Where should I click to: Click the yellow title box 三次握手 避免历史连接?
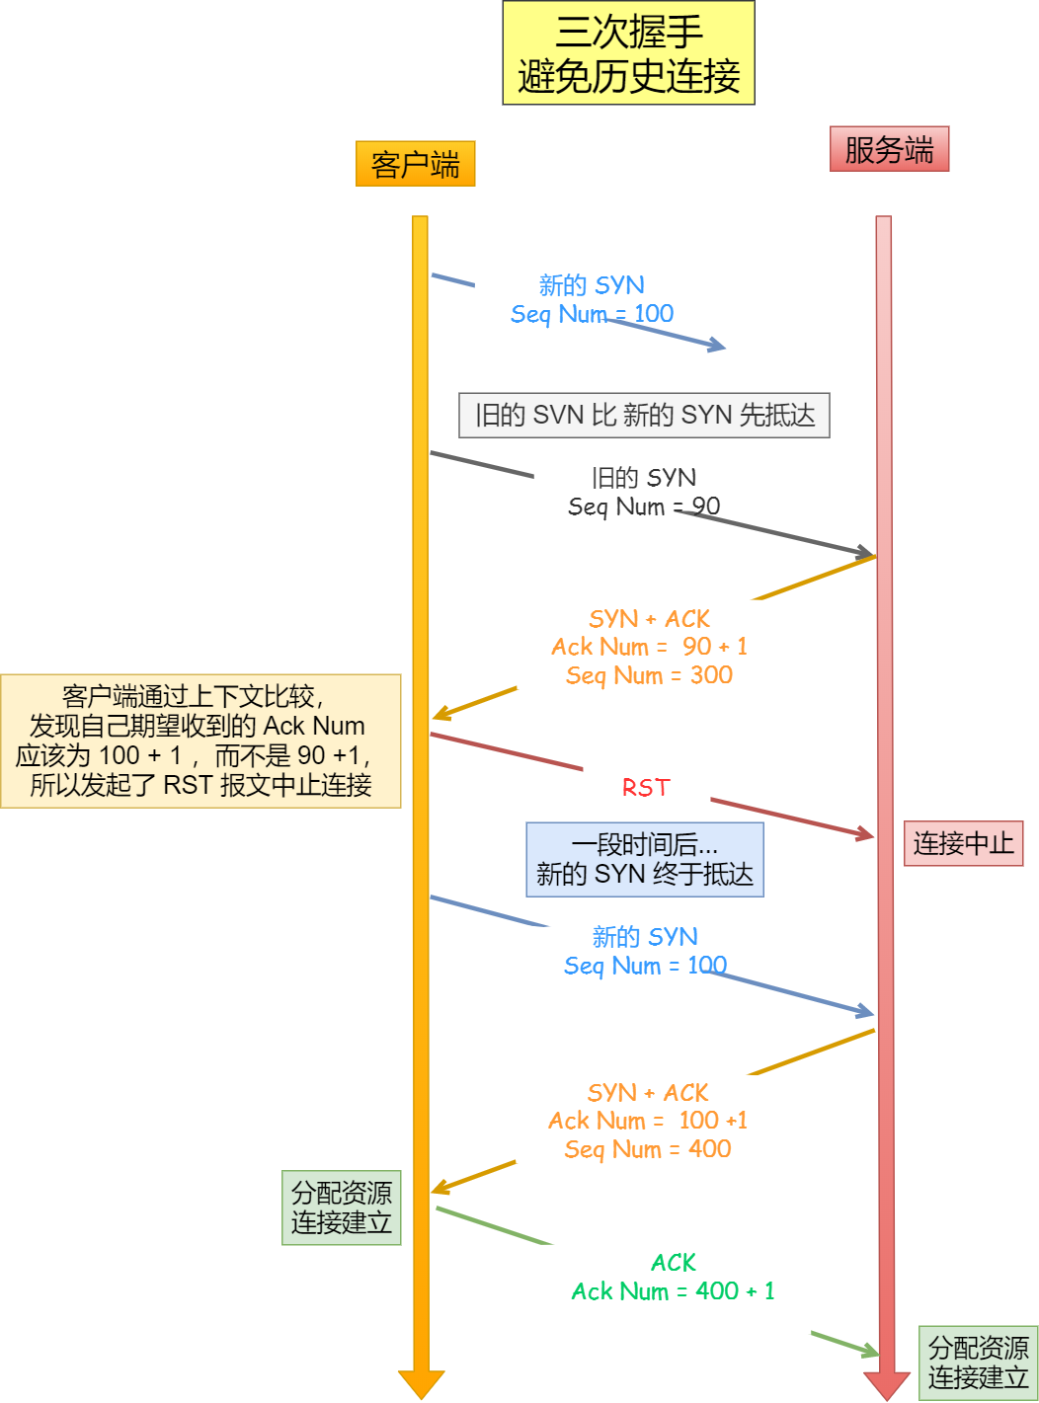tap(628, 53)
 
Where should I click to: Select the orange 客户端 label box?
tap(415, 164)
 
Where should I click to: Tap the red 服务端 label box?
tap(889, 149)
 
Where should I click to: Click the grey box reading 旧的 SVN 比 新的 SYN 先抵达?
tap(644, 416)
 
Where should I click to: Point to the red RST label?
tap(646, 788)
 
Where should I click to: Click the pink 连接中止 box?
tap(963, 843)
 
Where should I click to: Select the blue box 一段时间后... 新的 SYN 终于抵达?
tap(644, 859)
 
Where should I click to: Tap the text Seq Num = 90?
tap(644, 507)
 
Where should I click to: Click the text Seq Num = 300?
tap(649, 675)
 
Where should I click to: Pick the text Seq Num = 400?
tap(648, 1149)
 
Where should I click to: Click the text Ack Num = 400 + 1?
tap(673, 1291)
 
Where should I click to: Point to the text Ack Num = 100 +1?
tap(648, 1121)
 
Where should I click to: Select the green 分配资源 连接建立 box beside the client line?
tap(341, 1208)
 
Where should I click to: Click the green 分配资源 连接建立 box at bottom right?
tap(978, 1363)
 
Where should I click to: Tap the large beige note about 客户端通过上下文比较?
tap(200, 741)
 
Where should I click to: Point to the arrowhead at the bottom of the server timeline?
tap(885, 1384)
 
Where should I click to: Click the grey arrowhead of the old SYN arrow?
tap(865, 552)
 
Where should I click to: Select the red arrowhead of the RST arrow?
tap(865, 835)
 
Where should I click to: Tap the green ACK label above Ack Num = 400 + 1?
tap(674, 1263)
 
